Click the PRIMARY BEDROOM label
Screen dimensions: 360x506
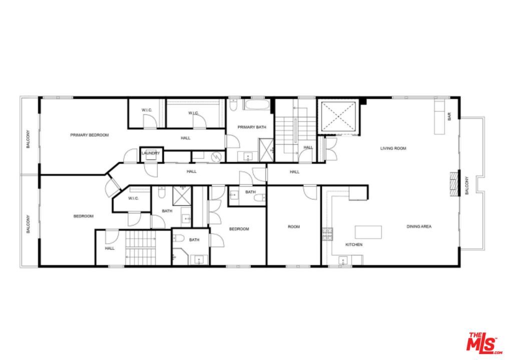[89, 135]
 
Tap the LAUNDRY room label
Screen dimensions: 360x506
[150, 153]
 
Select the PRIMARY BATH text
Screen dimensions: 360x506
[252, 127]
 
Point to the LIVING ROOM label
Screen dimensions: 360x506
[393, 148]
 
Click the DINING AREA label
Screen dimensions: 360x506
[419, 226]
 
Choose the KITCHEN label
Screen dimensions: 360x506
[354, 244]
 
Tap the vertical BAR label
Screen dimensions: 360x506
[449, 117]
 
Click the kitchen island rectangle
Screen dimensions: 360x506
[368, 232]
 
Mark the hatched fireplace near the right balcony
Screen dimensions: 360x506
[454, 184]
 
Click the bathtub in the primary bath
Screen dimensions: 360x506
[257, 105]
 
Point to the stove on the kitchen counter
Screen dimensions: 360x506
[327, 233]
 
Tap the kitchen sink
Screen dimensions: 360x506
[343, 259]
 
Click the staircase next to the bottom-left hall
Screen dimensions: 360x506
[141, 248]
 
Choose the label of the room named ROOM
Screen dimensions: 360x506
[294, 227]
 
